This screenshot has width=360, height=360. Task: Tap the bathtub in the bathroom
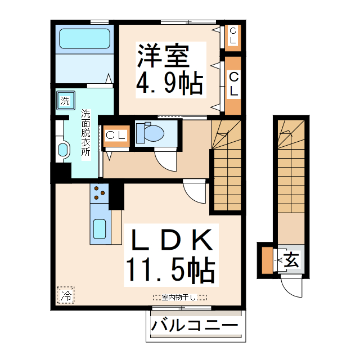pyautogui.click(x=84, y=39)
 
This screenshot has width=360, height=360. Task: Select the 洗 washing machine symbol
pyautogui.click(x=65, y=102)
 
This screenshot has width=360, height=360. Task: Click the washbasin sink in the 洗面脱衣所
pyautogui.click(x=63, y=150)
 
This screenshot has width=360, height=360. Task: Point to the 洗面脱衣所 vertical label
pyautogui.click(x=85, y=134)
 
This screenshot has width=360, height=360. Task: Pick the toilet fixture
pyautogui.click(x=152, y=133)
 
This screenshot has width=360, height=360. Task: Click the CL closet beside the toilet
pyautogui.click(x=116, y=136)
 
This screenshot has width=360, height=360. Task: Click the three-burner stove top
pyautogui.click(x=100, y=193)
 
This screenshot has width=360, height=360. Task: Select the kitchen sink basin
pyautogui.click(x=100, y=229)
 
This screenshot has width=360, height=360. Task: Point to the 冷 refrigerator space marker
pyautogui.click(x=66, y=294)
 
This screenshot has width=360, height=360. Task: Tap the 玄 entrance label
pyautogui.click(x=291, y=260)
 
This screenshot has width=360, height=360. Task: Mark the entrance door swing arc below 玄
pyautogui.click(x=292, y=289)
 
